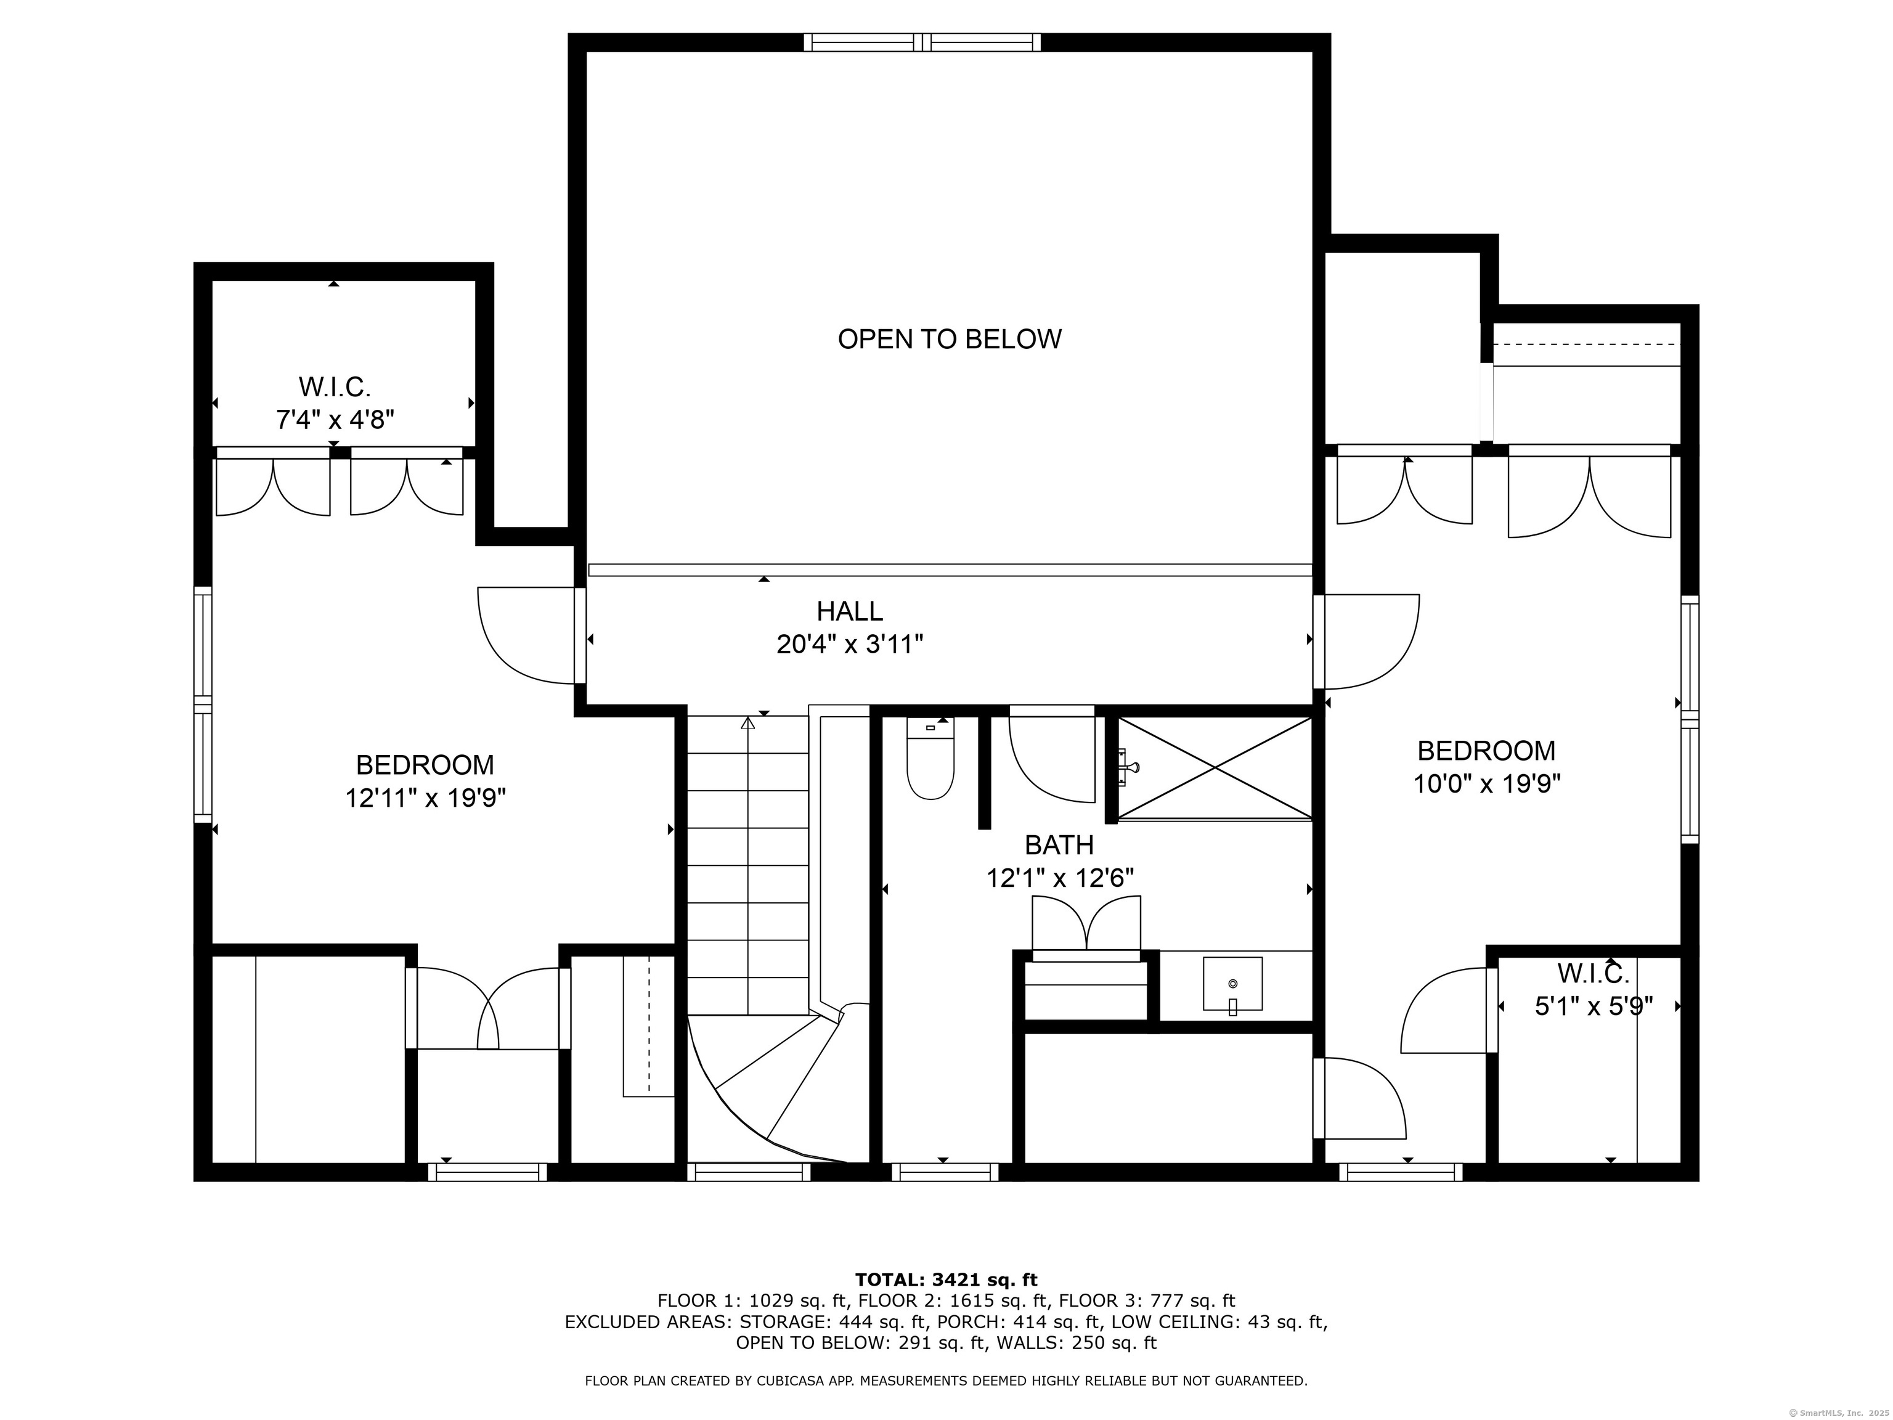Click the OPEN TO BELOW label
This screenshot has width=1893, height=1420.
click(x=949, y=340)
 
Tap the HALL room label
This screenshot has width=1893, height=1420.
click(x=850, y=611)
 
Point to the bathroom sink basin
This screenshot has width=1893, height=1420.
click(x=1232, y=984)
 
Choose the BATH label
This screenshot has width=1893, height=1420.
click(x=1059, y=846)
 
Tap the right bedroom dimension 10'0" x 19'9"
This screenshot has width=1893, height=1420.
click(x=1486, y=784)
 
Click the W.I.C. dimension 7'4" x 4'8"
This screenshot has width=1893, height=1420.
click(x=335, y=420)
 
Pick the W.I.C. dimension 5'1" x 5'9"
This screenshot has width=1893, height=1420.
click(x=1594, y=1006)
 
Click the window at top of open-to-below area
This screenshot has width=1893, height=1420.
click(x=922, y=42)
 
